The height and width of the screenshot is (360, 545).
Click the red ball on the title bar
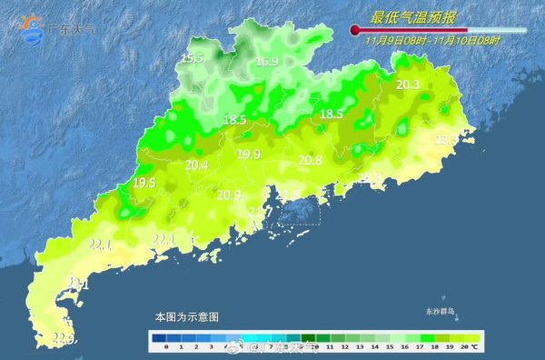tap(355, 32)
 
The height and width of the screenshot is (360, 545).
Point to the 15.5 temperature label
tap(192, 59)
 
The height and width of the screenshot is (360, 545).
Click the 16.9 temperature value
tap(266, 62)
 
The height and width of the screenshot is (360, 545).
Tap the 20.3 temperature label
tap(408, 85)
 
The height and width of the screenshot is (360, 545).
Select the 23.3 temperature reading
tap(445, 139)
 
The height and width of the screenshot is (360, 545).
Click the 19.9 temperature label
tap(248, 154)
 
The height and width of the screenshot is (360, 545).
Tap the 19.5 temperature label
tap(144, 183)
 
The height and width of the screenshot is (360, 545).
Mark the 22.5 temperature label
tap(62, 339)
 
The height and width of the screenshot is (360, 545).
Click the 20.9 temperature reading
tap(229, 195)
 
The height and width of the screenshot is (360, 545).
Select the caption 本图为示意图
tap(186, 317)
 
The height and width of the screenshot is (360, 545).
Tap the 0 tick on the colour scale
tap(168, 346)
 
